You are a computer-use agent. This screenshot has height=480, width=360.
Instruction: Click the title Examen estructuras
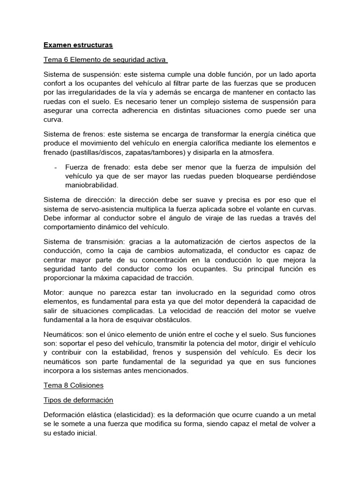point(78,45)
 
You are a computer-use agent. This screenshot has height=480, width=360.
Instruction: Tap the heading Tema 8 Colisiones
point(74,385)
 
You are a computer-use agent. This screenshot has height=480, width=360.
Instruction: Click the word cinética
point(283,134)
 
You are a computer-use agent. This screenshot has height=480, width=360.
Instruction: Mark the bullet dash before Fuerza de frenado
point(56,167)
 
